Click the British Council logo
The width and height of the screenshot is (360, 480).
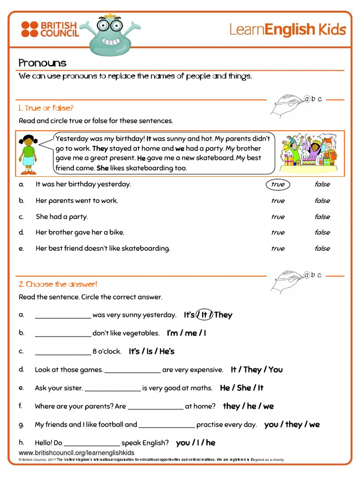coord(50,29)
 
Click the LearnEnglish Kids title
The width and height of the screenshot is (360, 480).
coord(287,30)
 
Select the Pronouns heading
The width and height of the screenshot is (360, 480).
coord(42,63)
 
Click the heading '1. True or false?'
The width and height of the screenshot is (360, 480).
coord(46,108)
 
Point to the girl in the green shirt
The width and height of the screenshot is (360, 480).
coord(29,150)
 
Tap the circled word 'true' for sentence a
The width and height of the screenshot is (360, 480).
coord(277,184)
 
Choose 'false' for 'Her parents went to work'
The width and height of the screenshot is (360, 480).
coord(322,201)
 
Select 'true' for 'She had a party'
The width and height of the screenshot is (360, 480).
coord(277,217)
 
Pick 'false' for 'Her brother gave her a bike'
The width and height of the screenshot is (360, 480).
coord(322,232)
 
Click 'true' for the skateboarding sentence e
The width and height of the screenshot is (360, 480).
coord(277,248)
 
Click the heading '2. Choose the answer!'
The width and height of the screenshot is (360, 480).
coord(58,284)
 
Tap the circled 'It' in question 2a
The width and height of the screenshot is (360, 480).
coord(204,315)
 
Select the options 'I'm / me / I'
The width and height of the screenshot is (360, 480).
coord(187,333)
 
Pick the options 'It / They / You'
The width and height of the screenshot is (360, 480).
coord(256,369)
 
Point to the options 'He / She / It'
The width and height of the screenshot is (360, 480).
coord(241,388)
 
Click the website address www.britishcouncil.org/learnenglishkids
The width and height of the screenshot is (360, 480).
coord(76,453)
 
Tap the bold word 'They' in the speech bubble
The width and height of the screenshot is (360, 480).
coord(101,149)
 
